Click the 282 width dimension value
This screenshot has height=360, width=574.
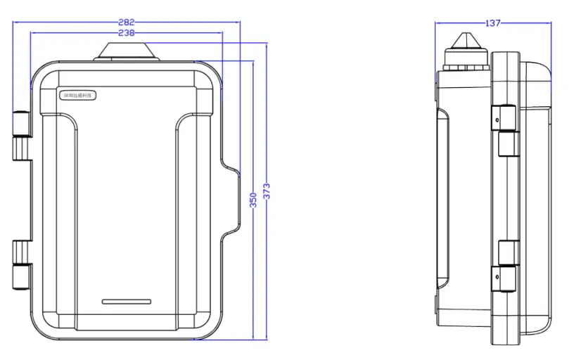tap(127, 22)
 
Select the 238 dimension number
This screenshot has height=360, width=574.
tap(127, 32)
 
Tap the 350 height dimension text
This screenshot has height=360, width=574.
tap(253, 200)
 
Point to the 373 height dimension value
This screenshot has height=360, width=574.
tap(267, 191)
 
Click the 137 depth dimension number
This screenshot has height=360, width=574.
tap(492, 22)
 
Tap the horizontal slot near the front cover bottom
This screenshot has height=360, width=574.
tap(127, 302)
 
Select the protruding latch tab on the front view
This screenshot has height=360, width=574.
tap(232, 199)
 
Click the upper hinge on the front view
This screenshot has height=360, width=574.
tap(22, 135)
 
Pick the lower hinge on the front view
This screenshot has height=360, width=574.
tap(22, 265)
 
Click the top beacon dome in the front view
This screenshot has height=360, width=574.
tap(127, 51)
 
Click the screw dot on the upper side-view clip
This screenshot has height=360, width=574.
tap(497, 121)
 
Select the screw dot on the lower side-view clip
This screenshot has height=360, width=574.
tap(497, 276)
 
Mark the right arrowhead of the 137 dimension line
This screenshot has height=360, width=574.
tap(549, 23)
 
